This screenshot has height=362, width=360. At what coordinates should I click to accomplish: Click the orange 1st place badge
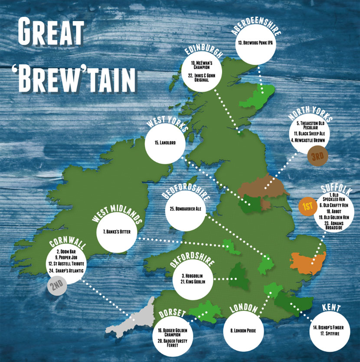click(x=307, y=207)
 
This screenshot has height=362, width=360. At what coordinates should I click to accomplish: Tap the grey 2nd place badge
click(x=56, y=286)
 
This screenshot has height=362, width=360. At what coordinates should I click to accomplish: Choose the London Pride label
click(x=243, y=330)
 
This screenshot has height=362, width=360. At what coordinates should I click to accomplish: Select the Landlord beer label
click(x=165, y=142)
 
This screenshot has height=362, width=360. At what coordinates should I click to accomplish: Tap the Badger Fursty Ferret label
click(x=176, y=341)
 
